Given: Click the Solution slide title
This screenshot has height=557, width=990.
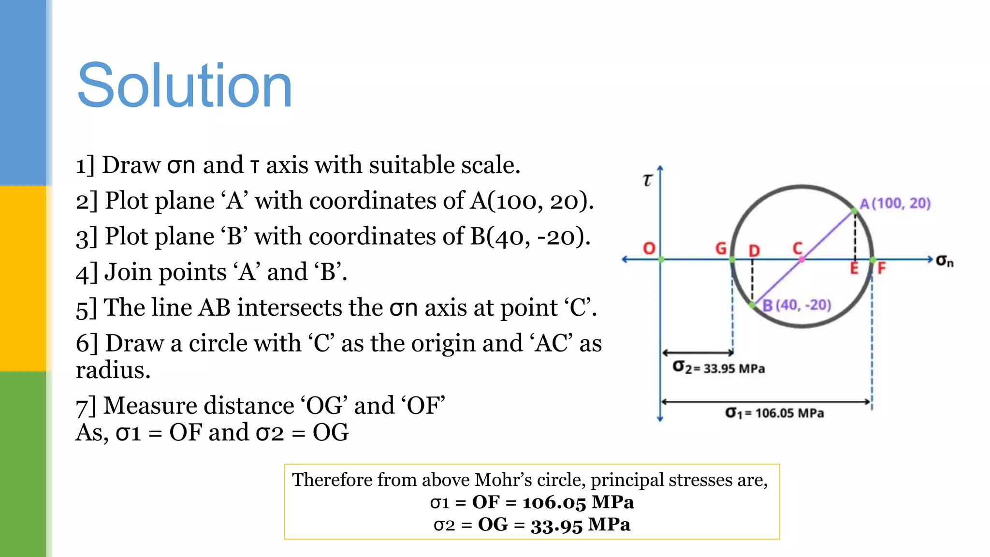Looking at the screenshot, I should (184, 86).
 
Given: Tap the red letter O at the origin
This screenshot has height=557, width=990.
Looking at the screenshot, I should (649, 249).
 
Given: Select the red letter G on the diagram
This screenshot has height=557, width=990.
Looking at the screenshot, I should (721, 249).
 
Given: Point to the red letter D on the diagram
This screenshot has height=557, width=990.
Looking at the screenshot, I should (754, 250).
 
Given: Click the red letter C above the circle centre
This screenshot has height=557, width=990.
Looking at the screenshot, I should (798, 249).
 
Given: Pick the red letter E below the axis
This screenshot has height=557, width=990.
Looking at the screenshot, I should (854, 268).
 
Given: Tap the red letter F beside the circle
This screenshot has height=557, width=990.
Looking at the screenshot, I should (881, 268).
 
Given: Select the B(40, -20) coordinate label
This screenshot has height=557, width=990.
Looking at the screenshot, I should (797, 305).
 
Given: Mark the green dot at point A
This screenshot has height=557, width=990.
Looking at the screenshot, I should (855, 211).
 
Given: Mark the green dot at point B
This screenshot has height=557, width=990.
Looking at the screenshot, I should (753, 305).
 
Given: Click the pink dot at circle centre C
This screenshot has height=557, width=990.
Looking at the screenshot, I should (801, 260).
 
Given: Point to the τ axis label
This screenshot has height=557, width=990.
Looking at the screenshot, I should (647, 180).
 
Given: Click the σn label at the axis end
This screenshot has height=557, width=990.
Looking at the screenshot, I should (945, 261).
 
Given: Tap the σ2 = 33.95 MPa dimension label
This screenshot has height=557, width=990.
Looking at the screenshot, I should (719, 368).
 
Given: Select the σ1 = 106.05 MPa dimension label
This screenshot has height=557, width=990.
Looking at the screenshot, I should (774, 413).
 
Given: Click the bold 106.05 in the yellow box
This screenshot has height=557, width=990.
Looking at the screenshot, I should (553, 502).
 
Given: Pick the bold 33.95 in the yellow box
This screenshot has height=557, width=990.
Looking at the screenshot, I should (556, 525).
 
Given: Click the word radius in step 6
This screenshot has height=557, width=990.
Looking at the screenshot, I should (113, 370).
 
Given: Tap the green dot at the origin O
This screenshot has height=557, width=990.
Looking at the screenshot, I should (661, 260).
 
